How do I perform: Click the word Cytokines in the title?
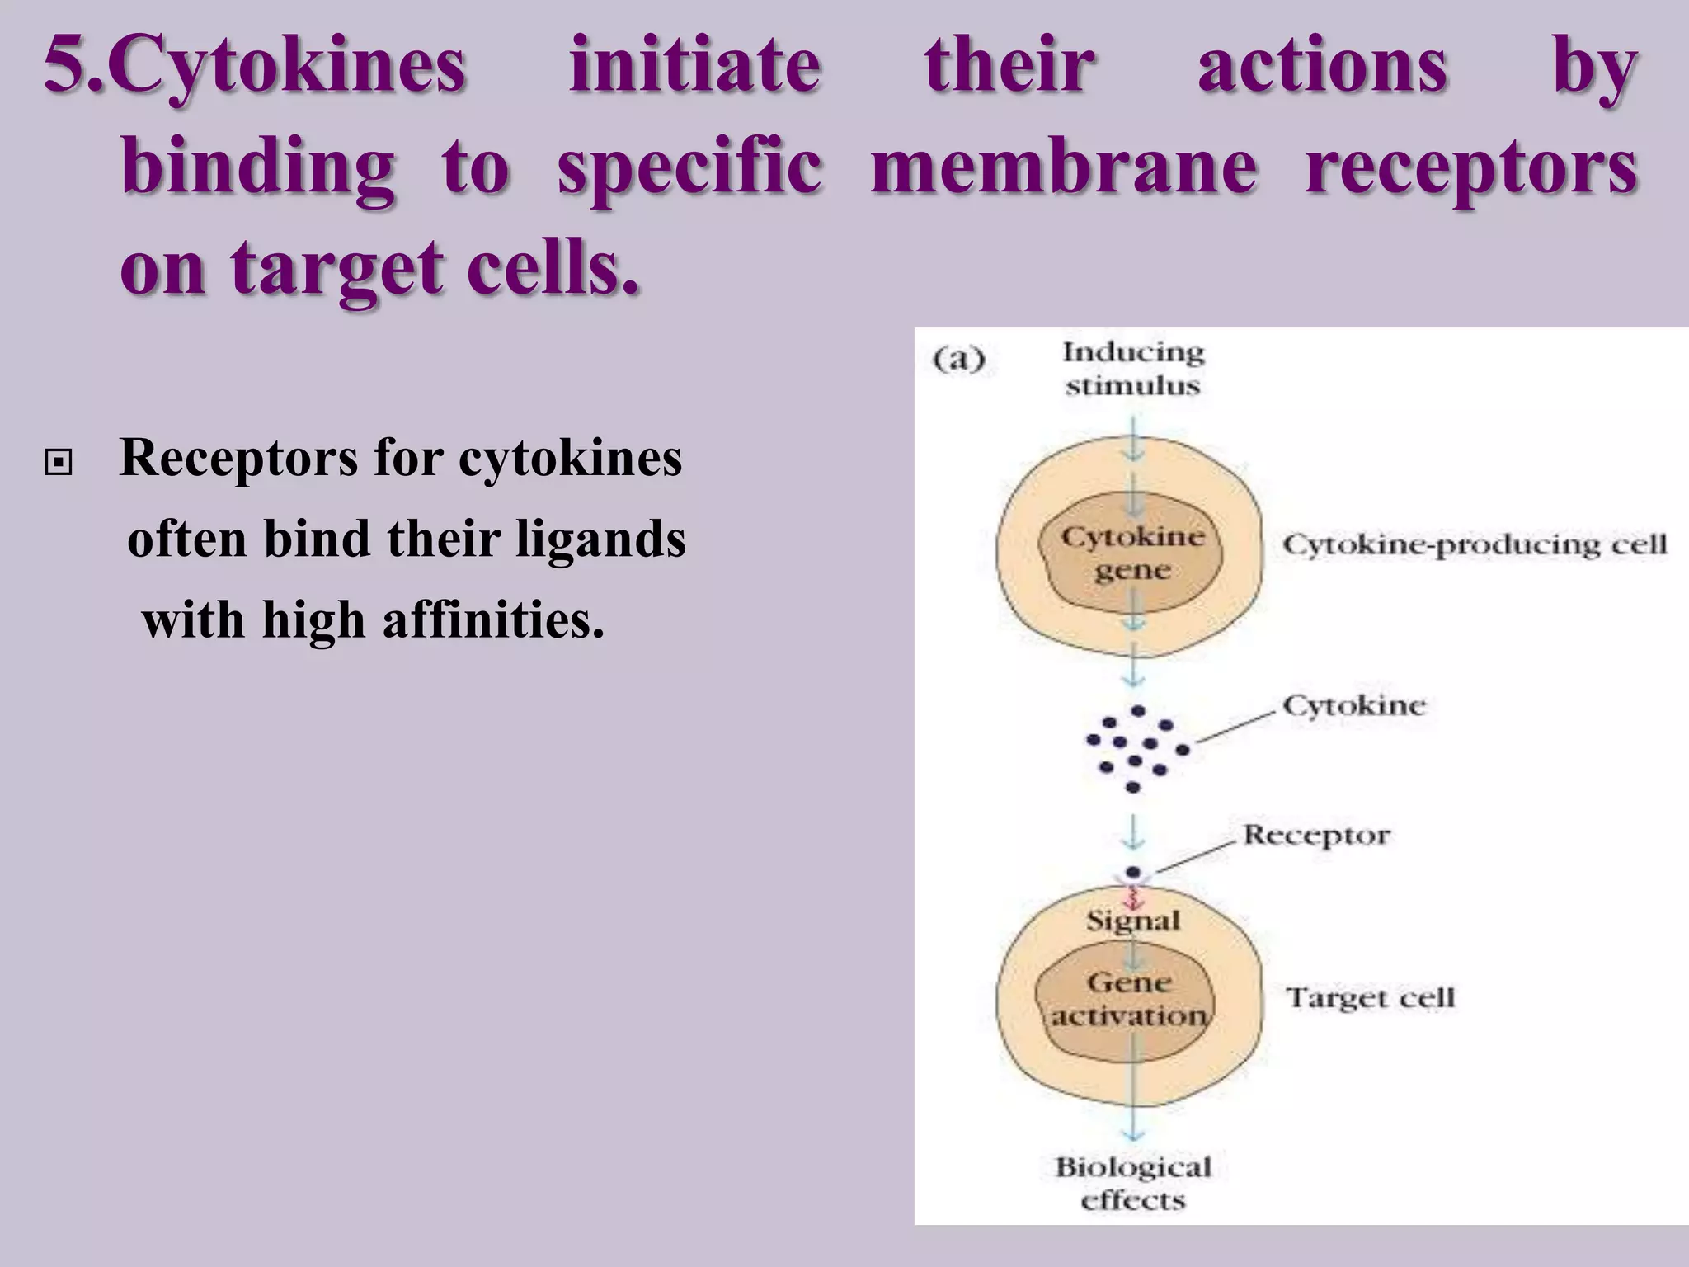click(x=289, y=66)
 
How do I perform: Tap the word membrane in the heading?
click(x=1064, y=167)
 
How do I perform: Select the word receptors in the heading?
click(x=1470, y=167)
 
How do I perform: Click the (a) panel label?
click(x=959, y=360)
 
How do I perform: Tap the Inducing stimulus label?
click(x=1132, y=369)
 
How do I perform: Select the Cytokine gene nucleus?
click(x=1131, y=553)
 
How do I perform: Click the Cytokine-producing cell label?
click(x=1475, y=544)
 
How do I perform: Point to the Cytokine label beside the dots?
click(x=1353, y=706)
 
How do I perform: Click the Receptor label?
click(x=1315, y=835)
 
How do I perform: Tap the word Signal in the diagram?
click(x=1132, y=921)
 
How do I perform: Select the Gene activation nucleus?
click(x=1127, y=1000)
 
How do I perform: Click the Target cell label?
click(x=1370, y=998)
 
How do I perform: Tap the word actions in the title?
click(x=1322, y=66)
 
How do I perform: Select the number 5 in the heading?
click(x=64, y=66)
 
